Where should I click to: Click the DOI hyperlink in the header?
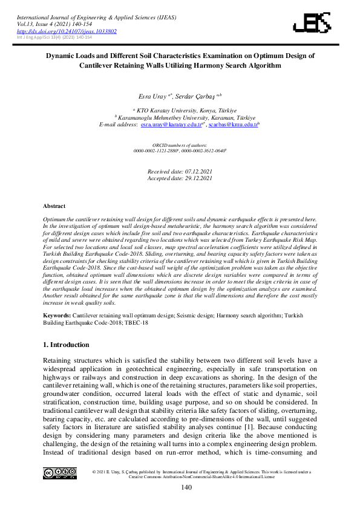point(67,31)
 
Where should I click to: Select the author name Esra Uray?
point(152,96)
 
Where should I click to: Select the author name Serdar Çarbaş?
point(198,96)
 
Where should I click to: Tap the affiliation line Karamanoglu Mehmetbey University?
point(179,117)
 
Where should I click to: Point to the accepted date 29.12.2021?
point(195,178)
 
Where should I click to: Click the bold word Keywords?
point(57,316)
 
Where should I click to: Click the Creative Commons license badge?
point(59,473)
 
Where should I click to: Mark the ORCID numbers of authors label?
point(180,145)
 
